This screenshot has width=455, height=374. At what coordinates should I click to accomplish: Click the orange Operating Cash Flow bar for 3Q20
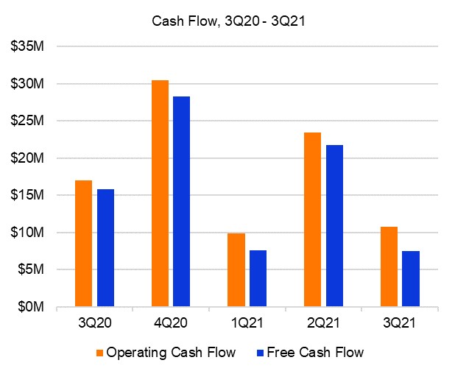coord(83,243)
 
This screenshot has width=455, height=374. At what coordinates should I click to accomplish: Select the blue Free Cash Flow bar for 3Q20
coord(105,247)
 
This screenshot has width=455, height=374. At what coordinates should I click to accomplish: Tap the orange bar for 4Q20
coord(160,193)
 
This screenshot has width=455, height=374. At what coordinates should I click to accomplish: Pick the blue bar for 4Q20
coord(181,201)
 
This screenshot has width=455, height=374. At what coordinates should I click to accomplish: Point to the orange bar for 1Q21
coord(236,269)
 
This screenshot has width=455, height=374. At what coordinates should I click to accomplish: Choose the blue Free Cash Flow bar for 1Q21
coord(258,278)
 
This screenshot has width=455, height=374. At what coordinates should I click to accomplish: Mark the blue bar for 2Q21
coord(334,225)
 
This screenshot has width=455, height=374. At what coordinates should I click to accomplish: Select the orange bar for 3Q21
coord(389,267)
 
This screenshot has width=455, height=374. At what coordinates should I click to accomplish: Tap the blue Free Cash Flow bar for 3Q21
coord(411,279)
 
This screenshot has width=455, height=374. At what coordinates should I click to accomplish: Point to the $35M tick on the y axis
coord(27,46)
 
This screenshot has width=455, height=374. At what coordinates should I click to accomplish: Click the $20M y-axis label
coord(27,158)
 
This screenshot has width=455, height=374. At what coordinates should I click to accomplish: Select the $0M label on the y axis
coord(30,307)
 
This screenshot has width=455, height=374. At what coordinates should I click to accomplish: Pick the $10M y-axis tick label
coord(27,233)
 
